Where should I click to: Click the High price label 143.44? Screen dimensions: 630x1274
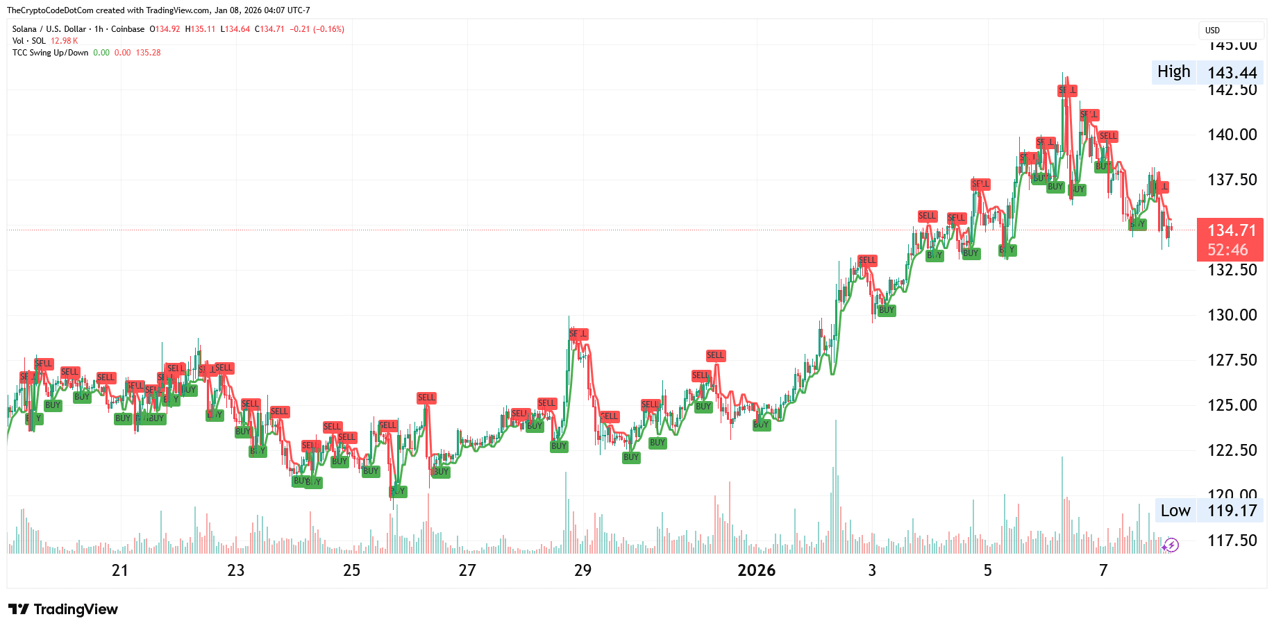(x=1232, y=72)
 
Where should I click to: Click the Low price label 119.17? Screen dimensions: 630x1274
(x=1232, y=511)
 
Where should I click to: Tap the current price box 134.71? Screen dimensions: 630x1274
(x=1231, y=230)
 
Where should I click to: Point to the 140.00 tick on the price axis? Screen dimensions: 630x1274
(x=1232, y=135)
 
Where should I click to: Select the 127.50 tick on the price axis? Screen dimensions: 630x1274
(x=1232, y=360)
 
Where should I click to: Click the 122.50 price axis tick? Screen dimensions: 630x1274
(x=1232, y=450)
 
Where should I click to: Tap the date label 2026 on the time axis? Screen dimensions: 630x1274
(x=756, y=570)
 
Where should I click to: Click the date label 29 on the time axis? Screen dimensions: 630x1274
(x=582, y=570)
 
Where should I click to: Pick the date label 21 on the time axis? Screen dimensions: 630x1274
(x=120, y=570)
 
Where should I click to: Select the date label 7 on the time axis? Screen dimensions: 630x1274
(x=1103, y=570)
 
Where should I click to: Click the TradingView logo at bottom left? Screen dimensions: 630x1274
(x=63, y=609)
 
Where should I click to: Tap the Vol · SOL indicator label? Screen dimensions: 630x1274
(x=29, y=41)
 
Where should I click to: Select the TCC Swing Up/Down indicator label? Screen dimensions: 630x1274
(x=50, y=53)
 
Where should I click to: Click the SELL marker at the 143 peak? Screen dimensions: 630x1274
(x=1067, y=90)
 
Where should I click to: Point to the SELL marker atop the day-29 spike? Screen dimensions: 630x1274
(x=578, y=334)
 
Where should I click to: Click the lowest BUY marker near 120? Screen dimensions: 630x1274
(x=397, y=491)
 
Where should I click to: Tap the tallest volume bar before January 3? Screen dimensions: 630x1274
(x=835, y=486)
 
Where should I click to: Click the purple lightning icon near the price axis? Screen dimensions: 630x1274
(x=1171, y=545)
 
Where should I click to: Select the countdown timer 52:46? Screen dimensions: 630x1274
(x=1227, y=250)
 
